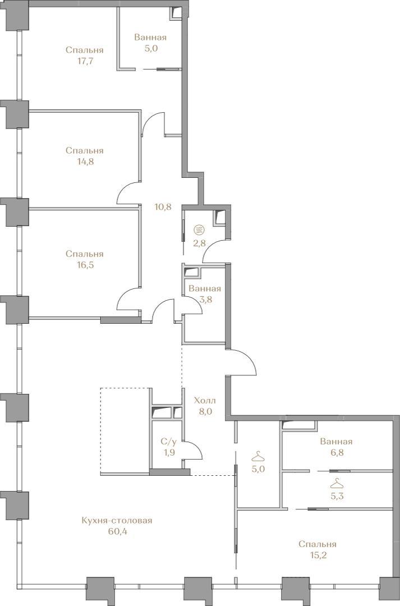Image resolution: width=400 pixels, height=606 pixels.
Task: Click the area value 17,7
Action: tap(85, 61)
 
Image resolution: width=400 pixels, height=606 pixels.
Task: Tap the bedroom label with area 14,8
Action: tap(85, 150)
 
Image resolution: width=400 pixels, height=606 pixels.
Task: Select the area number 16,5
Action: tap(85, 265)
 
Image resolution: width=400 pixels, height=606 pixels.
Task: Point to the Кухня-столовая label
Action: tap(117, 521)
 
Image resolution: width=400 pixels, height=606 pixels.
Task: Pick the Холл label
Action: tap(205, 401)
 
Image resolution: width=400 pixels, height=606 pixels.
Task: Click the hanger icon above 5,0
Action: tap(259, 457)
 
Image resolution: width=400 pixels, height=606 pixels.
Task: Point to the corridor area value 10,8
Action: tap(162, 206)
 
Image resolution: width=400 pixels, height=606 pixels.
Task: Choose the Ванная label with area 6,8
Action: tap(336, 442)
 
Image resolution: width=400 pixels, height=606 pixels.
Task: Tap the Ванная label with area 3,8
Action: tap(204, 289)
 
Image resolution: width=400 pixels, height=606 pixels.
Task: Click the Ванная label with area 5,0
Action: tap(150, 38)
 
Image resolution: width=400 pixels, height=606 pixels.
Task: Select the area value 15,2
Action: tap(317, 555)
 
